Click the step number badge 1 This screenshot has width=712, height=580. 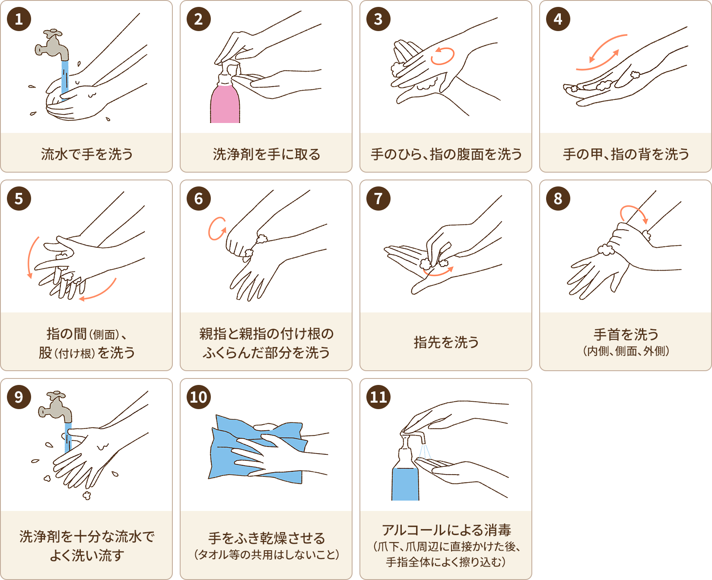click(x=19, y=19)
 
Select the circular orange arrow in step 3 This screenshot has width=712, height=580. click(x=443, y=56)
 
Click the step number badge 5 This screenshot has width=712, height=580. click(x=19, y=199)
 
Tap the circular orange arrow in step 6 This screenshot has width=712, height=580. click(x=217, y=228)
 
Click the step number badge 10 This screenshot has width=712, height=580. click(x=199, y=397)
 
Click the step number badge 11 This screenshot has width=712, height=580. click(x=378, y=397)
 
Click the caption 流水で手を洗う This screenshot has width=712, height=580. click(x=87, y=154)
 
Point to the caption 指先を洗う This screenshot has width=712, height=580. click(x=446, y=342)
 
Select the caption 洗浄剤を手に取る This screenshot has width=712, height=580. click(x=267, y=154)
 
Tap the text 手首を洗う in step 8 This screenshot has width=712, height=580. click(x=626, y=334)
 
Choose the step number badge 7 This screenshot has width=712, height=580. click(x=378, y=199)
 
